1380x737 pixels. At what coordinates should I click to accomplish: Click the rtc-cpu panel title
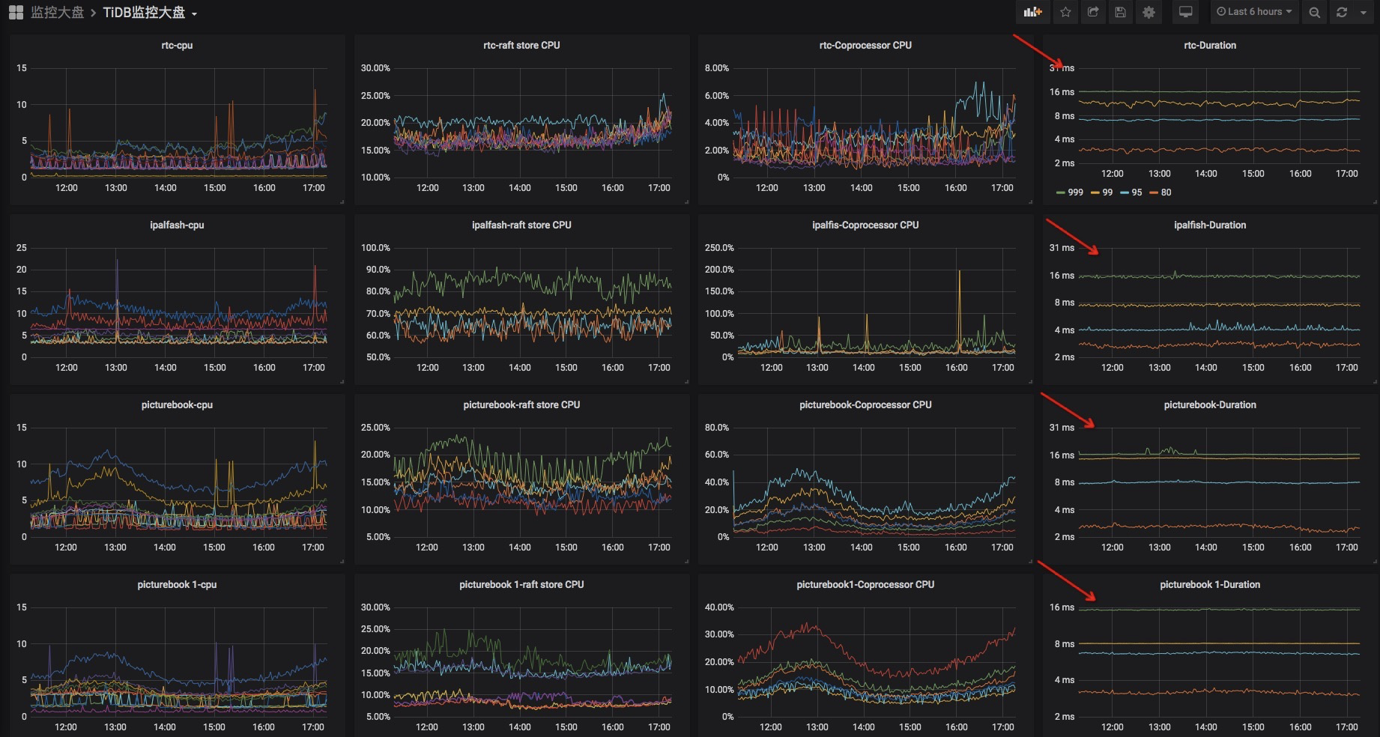click(177, 45)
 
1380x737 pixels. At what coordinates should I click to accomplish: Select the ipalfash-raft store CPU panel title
click(521, 225)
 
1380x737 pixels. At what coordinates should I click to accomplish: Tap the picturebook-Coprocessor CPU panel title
click(865, 404)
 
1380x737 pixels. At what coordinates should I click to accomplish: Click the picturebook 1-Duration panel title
click(1210, 584)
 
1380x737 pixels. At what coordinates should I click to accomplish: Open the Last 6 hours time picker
click(1254, 12)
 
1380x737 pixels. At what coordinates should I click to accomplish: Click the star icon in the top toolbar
click(1066, 12)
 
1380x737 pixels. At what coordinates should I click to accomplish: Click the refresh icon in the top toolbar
click(1342, 12)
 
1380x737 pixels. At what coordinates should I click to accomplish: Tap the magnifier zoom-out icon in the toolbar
click(1314, 12)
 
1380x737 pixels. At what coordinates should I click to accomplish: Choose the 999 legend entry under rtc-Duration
click(1070, 192)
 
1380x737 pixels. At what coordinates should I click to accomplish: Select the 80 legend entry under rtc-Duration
click(1161, 192)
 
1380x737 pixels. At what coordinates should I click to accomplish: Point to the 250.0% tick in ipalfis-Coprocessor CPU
click(719, 248)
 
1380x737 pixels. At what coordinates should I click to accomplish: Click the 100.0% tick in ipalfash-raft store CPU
click(375, 248)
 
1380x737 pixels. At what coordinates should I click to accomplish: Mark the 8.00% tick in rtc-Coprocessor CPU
click(717, 68)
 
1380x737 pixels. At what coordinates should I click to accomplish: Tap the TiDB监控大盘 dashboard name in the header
click(144, 13)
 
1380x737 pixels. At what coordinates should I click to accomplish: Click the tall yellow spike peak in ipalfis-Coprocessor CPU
click(959, 271)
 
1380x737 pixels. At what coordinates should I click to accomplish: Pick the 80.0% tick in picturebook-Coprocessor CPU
click(717, 428)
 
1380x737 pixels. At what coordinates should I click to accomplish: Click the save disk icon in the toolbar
click(1121, 12)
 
